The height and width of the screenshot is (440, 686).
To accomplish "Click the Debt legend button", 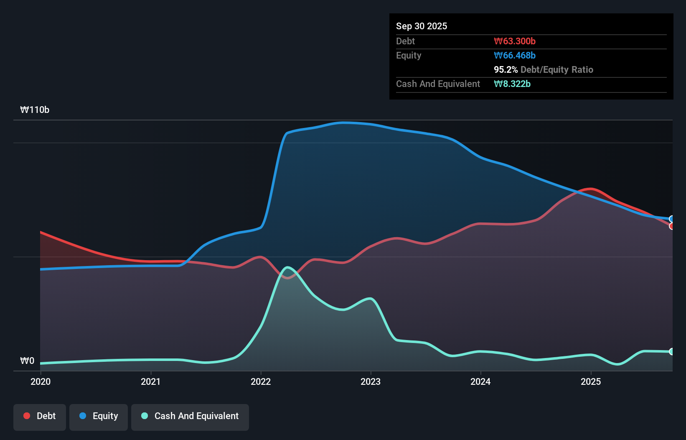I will (x=40, y=417).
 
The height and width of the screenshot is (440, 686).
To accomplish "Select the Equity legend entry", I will (x=99, y=417).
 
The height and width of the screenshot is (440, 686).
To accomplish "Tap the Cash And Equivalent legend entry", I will (x=190, y=417).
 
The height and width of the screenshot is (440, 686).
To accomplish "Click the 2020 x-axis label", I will (x=41, y=381).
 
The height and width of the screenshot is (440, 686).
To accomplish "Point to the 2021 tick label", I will (x=150, y=381).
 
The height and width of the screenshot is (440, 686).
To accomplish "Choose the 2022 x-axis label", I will (x=261, y=381).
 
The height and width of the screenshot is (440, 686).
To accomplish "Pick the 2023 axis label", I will (x=371, y=381).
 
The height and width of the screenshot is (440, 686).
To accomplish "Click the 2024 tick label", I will (x=480, y=381).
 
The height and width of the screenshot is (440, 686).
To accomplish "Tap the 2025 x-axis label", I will (x=591, y=381).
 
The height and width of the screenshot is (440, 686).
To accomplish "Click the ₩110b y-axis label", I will (x=35, y=110).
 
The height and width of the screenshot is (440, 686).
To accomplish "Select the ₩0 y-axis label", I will (x=27, y=361).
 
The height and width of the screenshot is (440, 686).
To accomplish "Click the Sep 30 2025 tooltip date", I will (x=422, y=26).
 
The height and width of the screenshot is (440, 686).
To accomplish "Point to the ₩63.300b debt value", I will (x=515, y=41).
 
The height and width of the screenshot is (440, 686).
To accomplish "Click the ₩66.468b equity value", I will (x=515, y=56).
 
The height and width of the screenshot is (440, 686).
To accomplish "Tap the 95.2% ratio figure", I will (x=506, y=70).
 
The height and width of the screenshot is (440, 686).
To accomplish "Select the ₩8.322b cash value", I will (x=512, y=84).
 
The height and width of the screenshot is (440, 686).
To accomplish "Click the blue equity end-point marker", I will (x=672, y=219).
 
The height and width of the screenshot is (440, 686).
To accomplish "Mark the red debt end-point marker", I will (x=672, y=226).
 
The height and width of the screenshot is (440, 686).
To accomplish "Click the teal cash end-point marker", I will (x=672, y=352).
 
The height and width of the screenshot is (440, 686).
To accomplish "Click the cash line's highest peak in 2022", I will (x=287, y=267).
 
